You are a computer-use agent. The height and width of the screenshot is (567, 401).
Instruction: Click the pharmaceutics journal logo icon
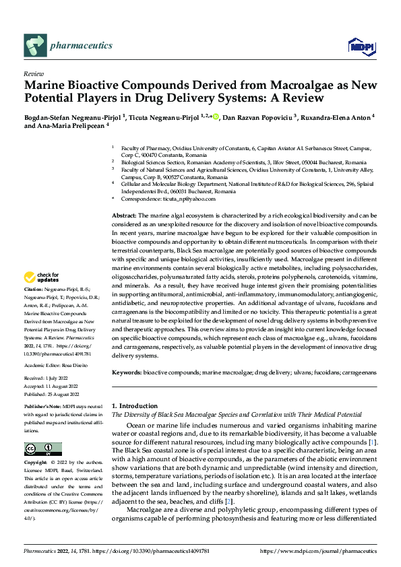[x=34, y=46]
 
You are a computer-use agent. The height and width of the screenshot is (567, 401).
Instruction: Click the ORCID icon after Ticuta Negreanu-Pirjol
[x=216, y=117]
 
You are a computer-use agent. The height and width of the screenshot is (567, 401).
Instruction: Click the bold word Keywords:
[x=127, y=372]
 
